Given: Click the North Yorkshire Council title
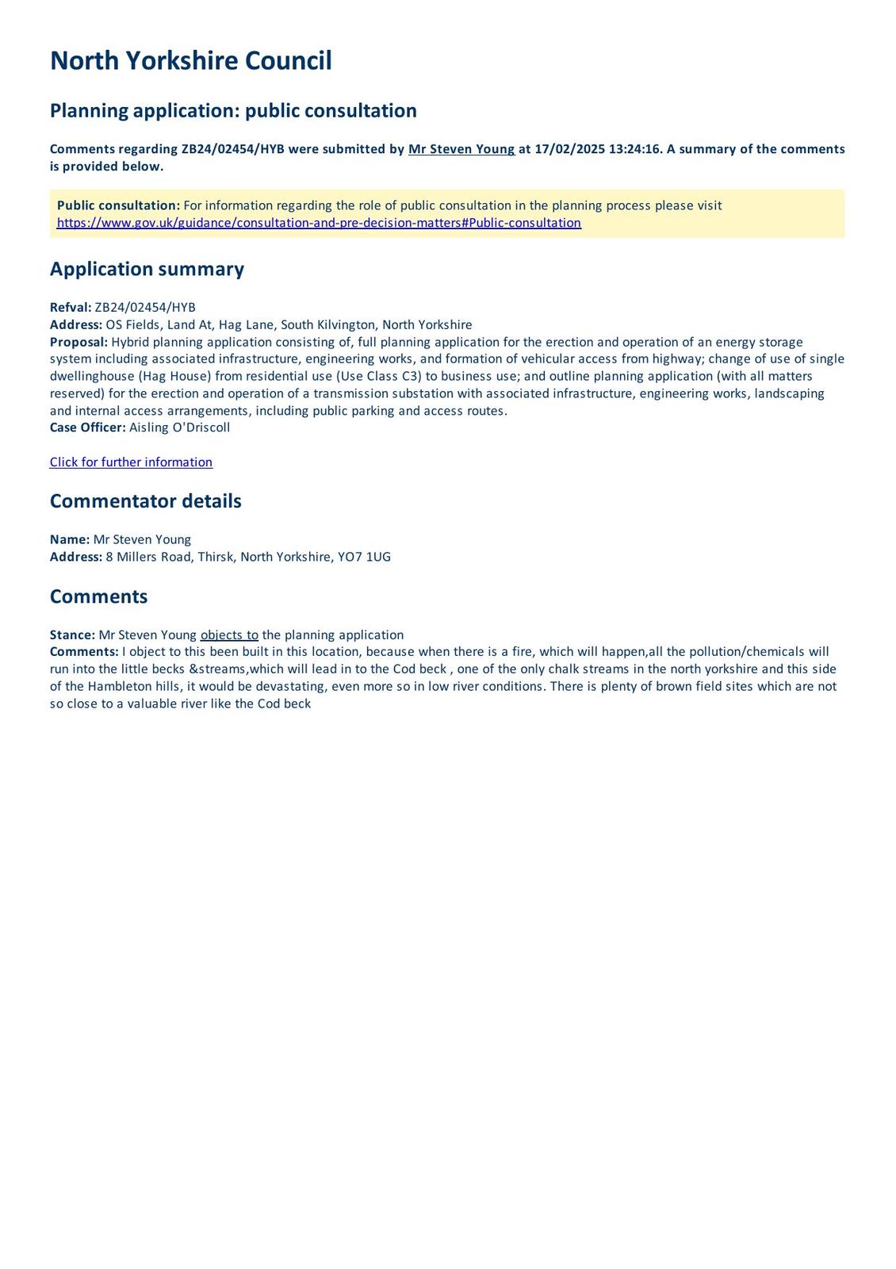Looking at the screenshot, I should [x=190, y=61].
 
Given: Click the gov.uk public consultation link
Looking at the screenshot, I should [x=319, y=223].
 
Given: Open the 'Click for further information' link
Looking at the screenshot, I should [x=131, y=462].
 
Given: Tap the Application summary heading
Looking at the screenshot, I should [x=147, y=269].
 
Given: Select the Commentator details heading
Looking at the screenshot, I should [x=145, y=501].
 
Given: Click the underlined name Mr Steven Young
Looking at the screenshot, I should [x=461, y=149].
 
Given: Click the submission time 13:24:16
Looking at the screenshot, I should [x=635, y=149].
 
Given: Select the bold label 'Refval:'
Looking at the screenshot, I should [x=71, y=308].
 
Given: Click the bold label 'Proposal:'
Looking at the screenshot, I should [x=78, y=343].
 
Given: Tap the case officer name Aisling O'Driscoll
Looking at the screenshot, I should [x=179, y=428].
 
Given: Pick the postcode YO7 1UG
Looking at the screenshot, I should [x=364, y=557].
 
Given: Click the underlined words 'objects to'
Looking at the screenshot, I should [x=229, y=635].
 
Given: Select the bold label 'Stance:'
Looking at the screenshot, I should [x=72, y=635].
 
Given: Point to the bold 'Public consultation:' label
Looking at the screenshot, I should [x=118, y=206].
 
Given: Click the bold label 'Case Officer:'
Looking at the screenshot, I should [x=87, y=428].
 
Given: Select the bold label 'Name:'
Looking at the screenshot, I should [x=70, y=540].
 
